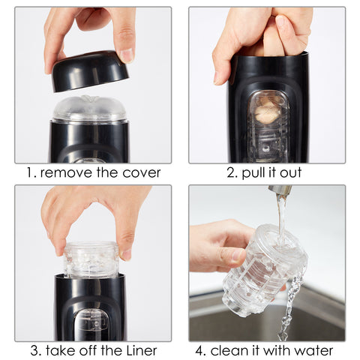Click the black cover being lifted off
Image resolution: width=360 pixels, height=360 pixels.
pos(90,71)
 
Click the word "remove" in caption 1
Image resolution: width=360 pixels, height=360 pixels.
pos(67,173)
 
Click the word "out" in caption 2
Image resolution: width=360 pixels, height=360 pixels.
pos(291,173)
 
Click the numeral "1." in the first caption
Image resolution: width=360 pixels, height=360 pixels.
pos(31,173)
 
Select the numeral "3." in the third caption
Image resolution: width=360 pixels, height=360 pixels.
pos(36,350)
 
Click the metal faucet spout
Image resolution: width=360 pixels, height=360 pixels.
pos(280,190)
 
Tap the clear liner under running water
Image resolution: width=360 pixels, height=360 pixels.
pos(264,270)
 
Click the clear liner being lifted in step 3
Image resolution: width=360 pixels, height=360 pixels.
pos(91,260)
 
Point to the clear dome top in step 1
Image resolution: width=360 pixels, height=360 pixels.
pos(89,109)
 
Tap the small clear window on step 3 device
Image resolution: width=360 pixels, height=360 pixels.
pos(92,324)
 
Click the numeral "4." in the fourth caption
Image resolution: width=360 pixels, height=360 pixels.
pos(200,350)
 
